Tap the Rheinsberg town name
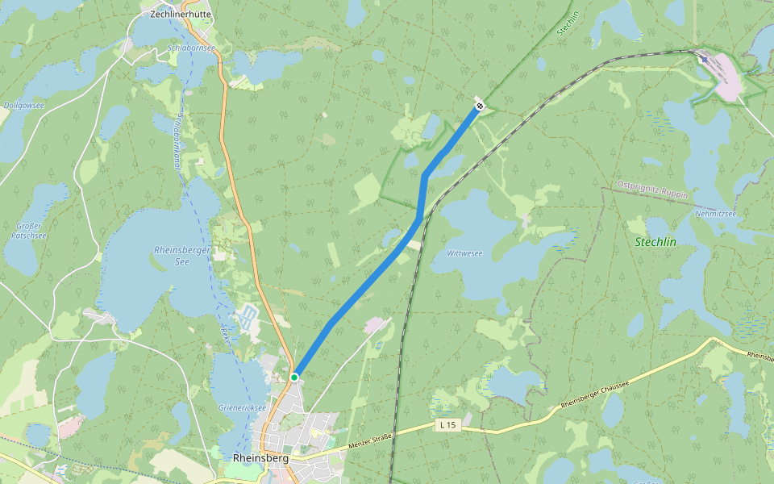tap(260, 457)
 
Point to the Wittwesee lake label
tap(465, 253)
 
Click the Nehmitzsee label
tap(715, 214)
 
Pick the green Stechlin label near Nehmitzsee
tap(655, 242)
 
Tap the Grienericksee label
tap(242, 407)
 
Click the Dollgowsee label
tap(23, 105)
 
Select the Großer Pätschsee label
tap(31, 231)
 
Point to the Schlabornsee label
tap(191, 48)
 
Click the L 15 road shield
tap(448, 424)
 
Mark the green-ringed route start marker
tap(295, 377)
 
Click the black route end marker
tap(480, 105)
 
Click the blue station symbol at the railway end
tap(705, 59)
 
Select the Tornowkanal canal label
tap(175, 141)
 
